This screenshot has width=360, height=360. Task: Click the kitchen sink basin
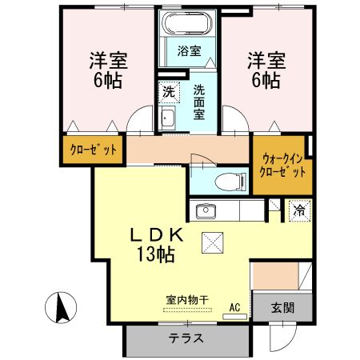[x=205, y=211]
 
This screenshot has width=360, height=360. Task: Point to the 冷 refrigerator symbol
[x=298, y=211]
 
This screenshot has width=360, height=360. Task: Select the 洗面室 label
[x=200, y=102]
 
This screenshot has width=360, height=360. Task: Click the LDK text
[x=158, y=236]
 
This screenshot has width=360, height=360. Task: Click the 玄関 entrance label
[x=282, y=306]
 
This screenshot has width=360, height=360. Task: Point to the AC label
[x=234, y=306]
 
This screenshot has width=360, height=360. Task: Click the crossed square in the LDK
[x=214, y=241]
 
